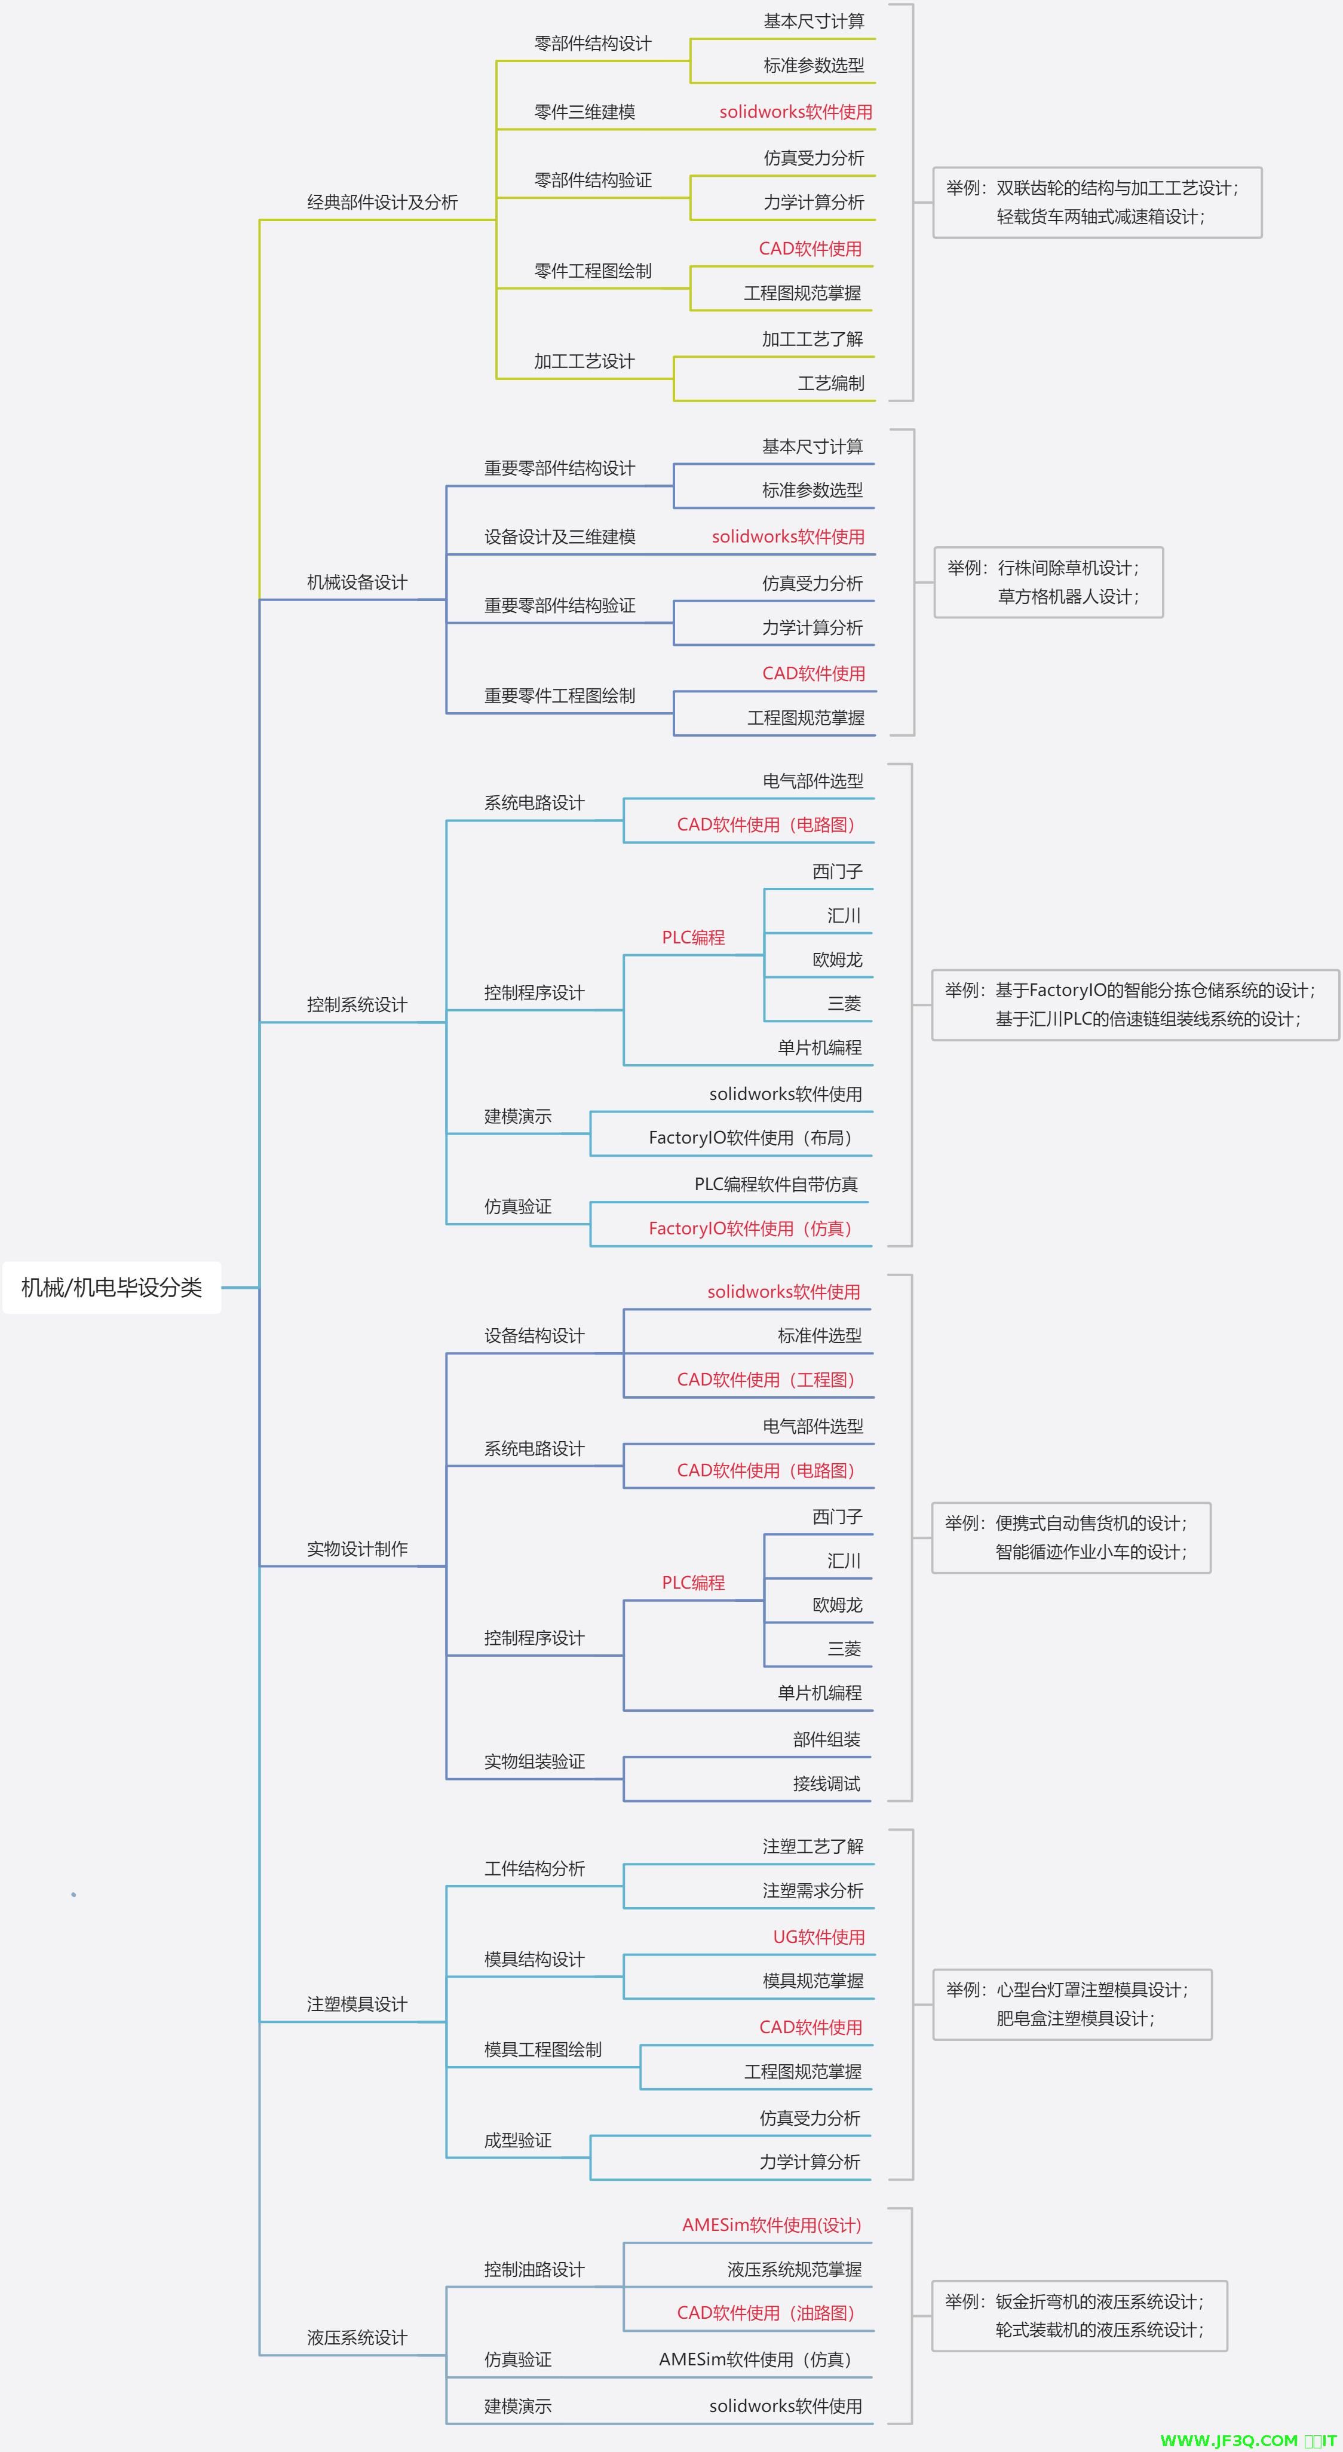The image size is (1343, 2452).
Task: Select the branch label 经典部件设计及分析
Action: (382, 202)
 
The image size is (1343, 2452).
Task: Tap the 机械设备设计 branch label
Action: (356, 581)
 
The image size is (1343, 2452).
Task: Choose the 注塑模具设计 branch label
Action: (356, 2004)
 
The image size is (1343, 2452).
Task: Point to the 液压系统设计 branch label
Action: (356, 2338)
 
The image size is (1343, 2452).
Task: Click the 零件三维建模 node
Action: (584, 111)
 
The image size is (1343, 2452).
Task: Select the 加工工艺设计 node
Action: (584, 361)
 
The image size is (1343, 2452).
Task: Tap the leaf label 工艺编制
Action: (830, 382)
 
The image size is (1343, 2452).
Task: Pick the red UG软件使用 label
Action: (818, 1936)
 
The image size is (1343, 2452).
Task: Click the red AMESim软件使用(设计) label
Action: (771, 2224)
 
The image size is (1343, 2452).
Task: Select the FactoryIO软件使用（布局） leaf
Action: (750, 1138)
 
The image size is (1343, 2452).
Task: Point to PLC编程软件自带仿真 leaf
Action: (775, 1184)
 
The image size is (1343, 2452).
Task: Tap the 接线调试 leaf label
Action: (826, 1783)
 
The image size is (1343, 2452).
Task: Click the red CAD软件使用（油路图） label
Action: (765, 2312)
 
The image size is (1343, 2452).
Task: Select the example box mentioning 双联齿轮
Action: (1096, 202)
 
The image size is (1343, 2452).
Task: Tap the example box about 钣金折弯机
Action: (1078, 2315)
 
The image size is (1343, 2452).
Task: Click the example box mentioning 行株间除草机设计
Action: (1048, 581)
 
